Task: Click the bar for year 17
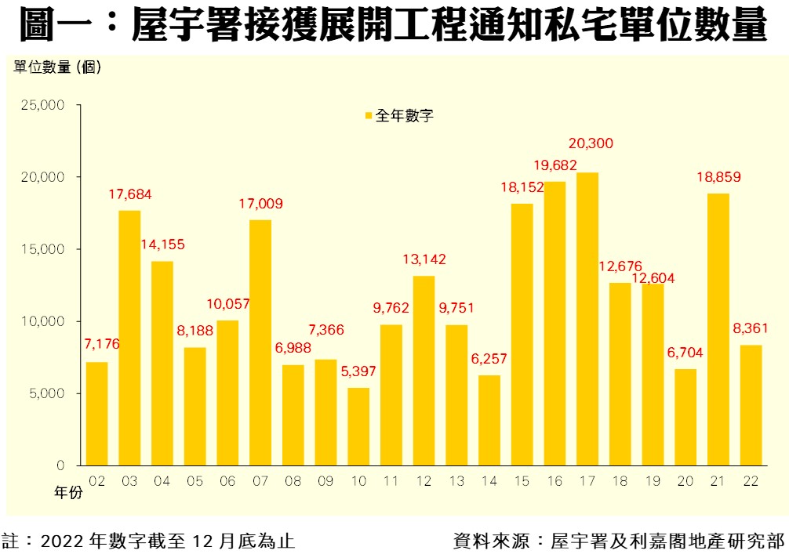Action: tap(587, 319)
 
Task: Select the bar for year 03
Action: tap(129, 338)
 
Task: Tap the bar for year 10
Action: tap(358, 426)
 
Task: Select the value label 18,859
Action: tap(718, 176)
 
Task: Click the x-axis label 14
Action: tap(489, 480)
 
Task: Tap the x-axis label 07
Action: tap(260, 480)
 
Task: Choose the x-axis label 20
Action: tap(685, 480)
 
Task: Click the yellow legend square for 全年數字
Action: tap(368, 116)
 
